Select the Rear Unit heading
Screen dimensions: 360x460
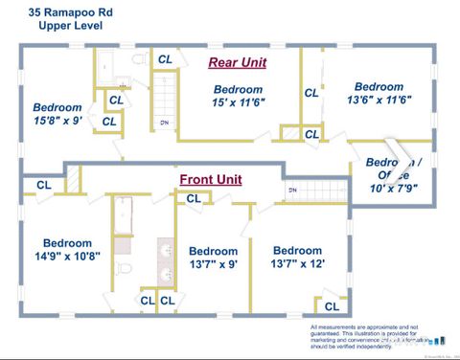(237, 62)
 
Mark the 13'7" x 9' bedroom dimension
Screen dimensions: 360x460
(213, 264)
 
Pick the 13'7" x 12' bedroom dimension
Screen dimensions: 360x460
(297, 264)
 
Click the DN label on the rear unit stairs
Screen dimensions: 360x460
(164, 123)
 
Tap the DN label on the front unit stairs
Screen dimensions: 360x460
(291, 191)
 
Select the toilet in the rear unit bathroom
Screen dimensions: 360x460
(137, 59)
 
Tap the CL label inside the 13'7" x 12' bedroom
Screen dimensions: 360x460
(331, 306)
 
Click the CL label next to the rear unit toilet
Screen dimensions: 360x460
(165, 59)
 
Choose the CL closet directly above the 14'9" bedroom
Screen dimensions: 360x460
(44, 185)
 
